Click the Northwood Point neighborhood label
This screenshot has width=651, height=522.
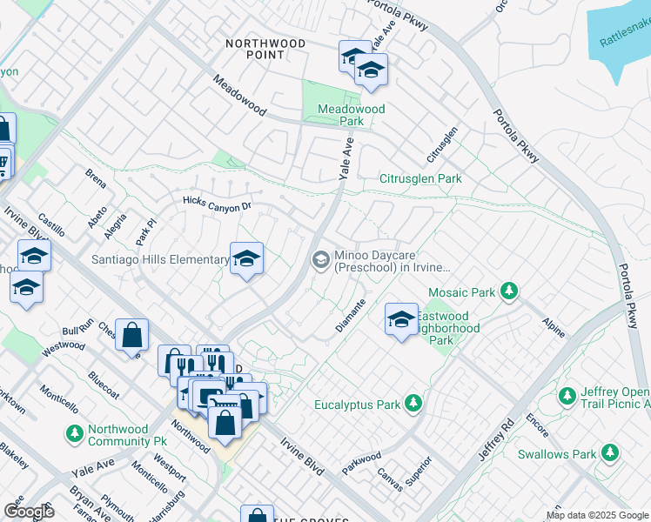pyautogui.click(x=265, y=49)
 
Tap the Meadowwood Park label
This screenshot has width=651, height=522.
pyautogui.click(x=351, y=115)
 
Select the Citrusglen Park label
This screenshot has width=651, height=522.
pyautogui.click(x=419, y=178)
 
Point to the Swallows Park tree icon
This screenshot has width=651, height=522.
pyautogui.click(x=610, y=453)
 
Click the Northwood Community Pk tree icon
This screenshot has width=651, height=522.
pyautogui.click(x=75, y=432)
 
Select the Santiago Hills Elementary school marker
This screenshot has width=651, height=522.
pyautogui.click(x=247, y=258)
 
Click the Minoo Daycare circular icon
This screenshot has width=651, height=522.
pyautogui.click(x=320, y=259)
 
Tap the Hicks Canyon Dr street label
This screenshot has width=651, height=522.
pyautogui.click(x=217, y=203)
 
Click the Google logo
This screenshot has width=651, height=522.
pyautogui.click(x=28, y=512)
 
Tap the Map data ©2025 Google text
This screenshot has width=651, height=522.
pyautogui.click(x=596, y=515)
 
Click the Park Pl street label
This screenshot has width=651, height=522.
pyautogui.click(x=144, y=231)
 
